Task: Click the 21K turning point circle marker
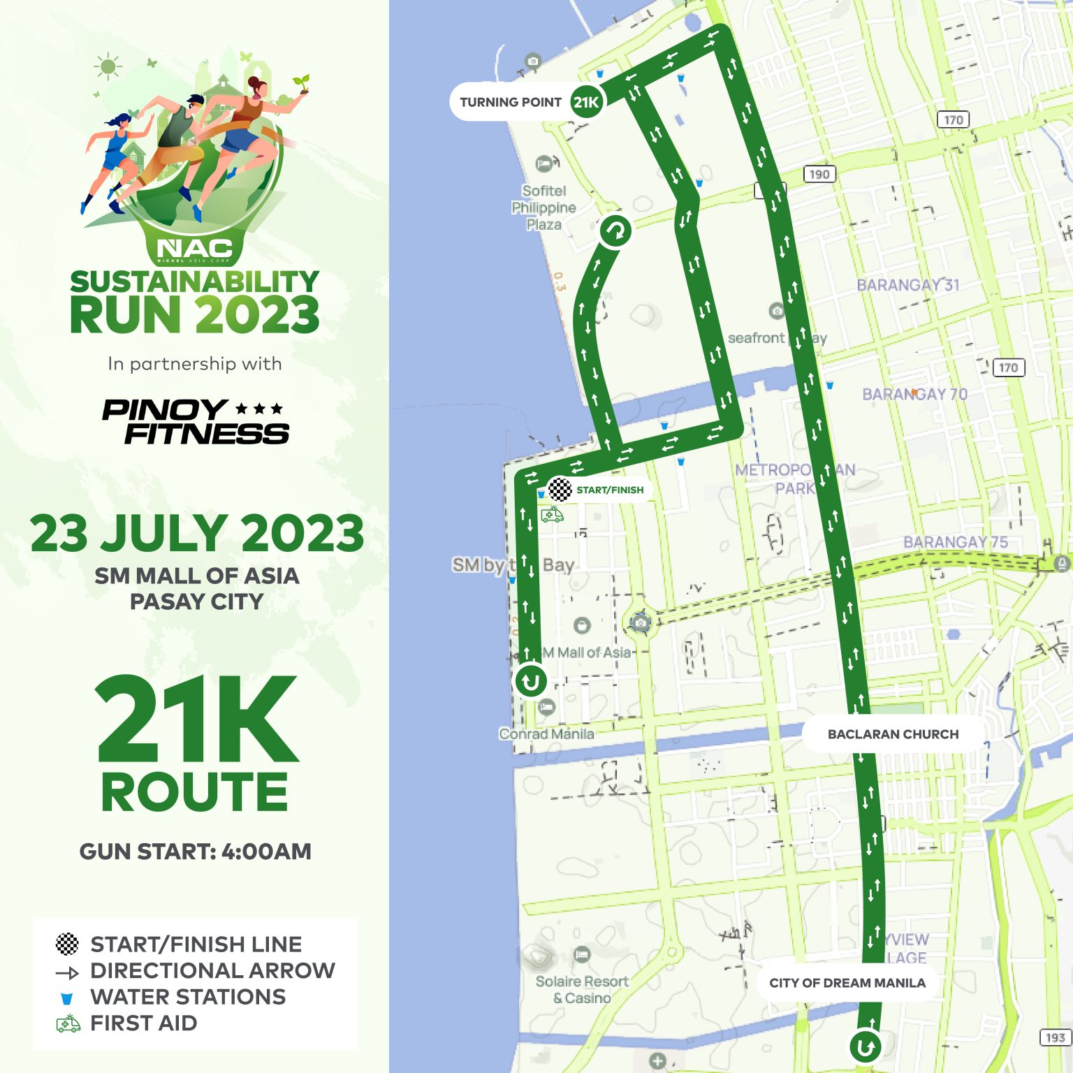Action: (586, 103)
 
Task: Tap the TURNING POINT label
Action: (510, 103)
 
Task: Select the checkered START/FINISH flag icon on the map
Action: (560, 489)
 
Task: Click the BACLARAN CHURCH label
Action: (893, 734)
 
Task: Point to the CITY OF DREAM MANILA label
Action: (847, 983)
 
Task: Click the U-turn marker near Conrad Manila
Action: (531, 680)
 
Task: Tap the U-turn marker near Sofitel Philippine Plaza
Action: (615, 231)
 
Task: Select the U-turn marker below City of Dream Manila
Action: (865, 1046)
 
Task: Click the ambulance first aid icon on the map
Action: (552, 515)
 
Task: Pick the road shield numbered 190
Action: (819, 174)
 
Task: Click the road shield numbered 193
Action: (1055, 1037)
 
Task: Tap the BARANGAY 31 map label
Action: (907, 285)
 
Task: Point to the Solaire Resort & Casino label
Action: (581, 989)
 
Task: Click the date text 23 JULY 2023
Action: (197, 534)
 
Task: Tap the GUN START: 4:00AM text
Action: (196, 852)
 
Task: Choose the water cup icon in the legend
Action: (67, 998)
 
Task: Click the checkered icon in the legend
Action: (67, 944)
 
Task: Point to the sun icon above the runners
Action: (108, 67)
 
